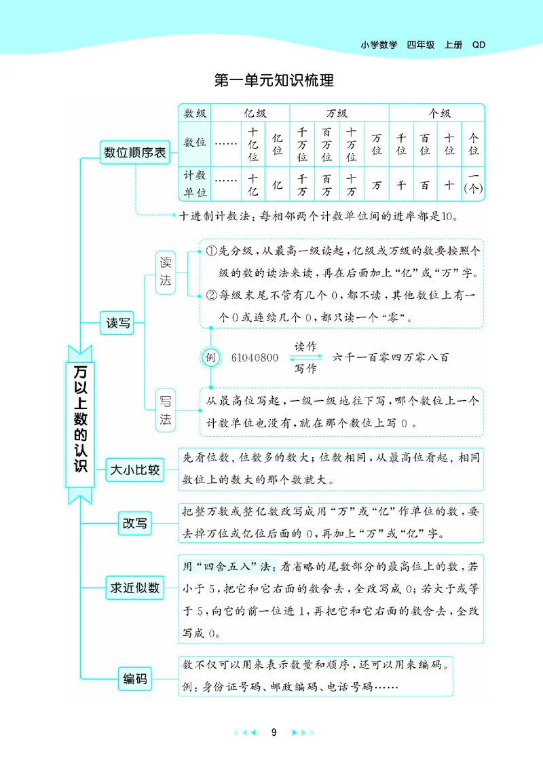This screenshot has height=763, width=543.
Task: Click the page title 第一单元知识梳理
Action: click(x=274, y=81)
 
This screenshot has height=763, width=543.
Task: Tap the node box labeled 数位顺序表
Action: click(x=134, y=153)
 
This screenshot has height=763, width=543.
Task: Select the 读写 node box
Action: click(x=117, y=323)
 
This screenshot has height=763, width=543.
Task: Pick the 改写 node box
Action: click(x=135, y=524)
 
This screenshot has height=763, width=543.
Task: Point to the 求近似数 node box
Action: click(x=135, y=588)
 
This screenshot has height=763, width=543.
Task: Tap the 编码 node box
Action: click(x=135, y=678)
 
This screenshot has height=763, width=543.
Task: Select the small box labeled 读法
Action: click(x=166, y=270)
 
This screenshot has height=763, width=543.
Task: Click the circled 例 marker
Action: click(x=210, y=357)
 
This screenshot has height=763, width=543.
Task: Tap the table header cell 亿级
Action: click(x=250, y=113)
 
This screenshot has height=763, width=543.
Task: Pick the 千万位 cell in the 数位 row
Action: click(x=302, y=145)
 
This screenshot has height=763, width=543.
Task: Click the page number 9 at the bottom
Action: click(x=274, y=732)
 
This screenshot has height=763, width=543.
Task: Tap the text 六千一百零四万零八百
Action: click(x=392, y=357)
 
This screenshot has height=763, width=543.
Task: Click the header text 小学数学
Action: click(x=379, y=45)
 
